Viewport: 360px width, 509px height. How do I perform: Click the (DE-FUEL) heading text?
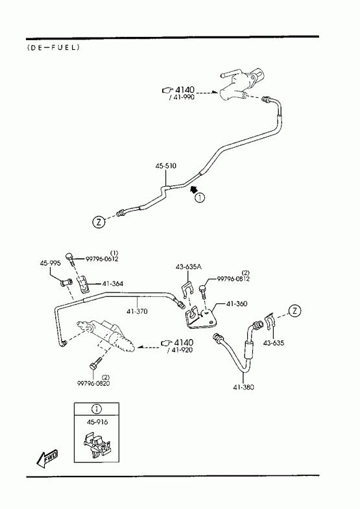pos(53,47)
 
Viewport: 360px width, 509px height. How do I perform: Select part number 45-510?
pos(165,166)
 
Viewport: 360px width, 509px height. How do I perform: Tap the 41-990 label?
pos(183,97)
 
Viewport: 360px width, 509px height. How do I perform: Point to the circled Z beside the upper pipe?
pos(99,222)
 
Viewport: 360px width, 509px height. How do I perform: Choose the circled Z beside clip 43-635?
pos(294,311)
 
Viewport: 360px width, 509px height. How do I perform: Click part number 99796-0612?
pos(102,259)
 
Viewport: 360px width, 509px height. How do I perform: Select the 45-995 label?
pos(50,263)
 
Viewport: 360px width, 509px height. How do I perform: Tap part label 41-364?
pos(113,284)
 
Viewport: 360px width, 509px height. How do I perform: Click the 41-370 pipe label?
pos(137,311)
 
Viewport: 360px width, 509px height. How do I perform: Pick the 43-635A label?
pos(189,267)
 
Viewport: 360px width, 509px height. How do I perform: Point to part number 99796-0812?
pos(234,279)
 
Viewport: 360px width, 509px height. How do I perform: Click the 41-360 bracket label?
pos(237,304)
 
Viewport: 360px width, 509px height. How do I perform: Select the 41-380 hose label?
pos(243,387)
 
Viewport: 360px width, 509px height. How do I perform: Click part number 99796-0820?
pos(93,383)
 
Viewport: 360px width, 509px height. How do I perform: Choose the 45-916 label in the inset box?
pos(97,422)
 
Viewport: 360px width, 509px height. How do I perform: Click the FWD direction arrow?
pos(47,458)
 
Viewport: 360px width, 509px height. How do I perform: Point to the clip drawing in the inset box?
pos(95,445)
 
